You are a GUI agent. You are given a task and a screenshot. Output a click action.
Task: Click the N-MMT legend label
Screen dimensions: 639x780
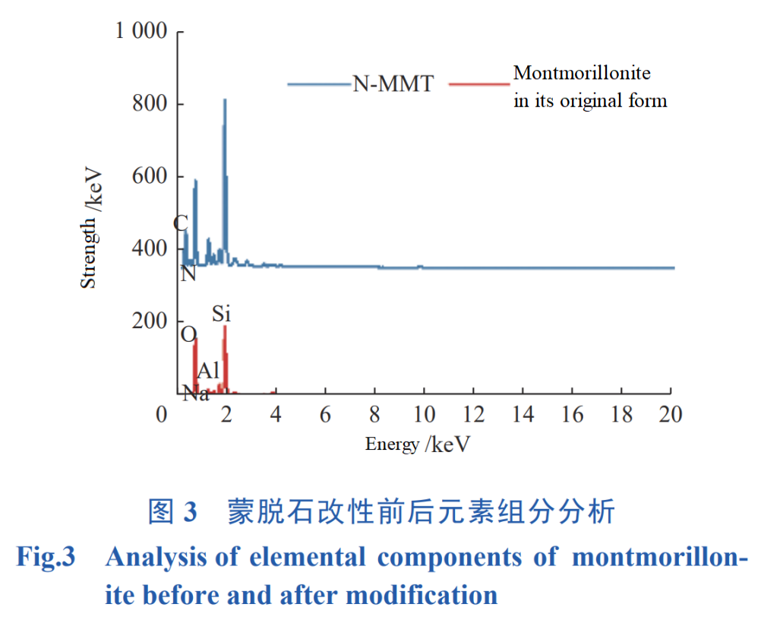click(x=393, y=84)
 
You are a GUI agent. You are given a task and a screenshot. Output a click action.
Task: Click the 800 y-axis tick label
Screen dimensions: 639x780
click(x=150, y=104)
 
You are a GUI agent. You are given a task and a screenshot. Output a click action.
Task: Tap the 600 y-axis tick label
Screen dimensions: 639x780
click(x=150, y=176)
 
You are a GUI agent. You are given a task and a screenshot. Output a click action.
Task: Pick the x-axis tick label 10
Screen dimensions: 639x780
click(x=424, y=414)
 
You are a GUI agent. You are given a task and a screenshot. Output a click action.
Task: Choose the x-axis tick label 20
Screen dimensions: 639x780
click(x=670, y=414)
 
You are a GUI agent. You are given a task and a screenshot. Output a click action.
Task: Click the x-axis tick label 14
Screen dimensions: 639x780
click(x=523, y=414)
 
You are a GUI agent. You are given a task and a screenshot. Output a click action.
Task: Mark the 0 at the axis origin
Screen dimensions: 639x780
click(x=161, y=414)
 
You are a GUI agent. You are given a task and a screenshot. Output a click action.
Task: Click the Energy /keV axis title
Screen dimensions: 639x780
click(x=417, y=444)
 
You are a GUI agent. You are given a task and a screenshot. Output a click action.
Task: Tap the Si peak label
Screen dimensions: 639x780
click(x=221, y=313)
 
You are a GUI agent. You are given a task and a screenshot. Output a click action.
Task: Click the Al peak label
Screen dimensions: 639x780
click(x=208, y=371)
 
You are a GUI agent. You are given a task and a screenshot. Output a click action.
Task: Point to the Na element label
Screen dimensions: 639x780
click(x=196, y=393)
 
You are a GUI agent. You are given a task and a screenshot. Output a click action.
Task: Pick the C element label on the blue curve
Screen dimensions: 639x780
click(x=181, y=223)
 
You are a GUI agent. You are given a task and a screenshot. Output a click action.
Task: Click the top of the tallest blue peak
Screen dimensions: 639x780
click(x=225, y=100)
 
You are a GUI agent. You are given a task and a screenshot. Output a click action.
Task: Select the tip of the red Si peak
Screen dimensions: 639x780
click(x=225, y=327)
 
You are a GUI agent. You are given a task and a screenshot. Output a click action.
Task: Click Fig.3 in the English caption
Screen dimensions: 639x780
click(x=46, y=557)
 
